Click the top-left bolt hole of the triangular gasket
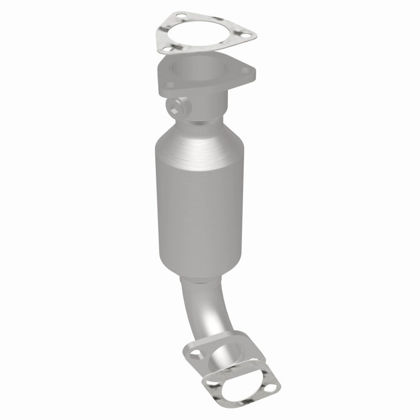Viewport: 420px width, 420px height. (180, 15)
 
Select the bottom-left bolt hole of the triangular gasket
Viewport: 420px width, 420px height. (167, 49)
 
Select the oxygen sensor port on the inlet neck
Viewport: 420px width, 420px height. (178, 108)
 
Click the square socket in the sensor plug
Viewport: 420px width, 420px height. (176, 109)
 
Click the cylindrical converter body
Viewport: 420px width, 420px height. (199, 210)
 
